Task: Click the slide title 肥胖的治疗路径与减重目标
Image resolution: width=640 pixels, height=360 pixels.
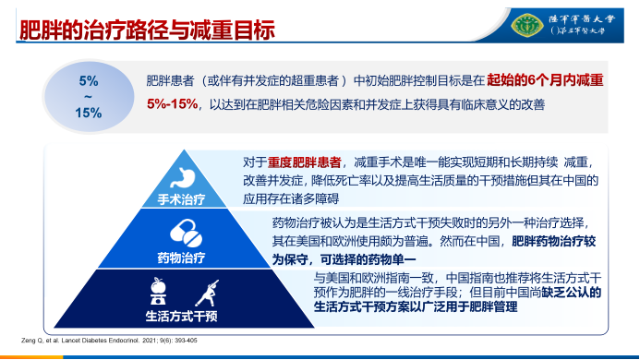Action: (148, 30)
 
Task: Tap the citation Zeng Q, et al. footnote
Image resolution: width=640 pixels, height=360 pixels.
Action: (109, 341)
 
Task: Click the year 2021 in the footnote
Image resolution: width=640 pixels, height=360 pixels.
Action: (140, 341)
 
